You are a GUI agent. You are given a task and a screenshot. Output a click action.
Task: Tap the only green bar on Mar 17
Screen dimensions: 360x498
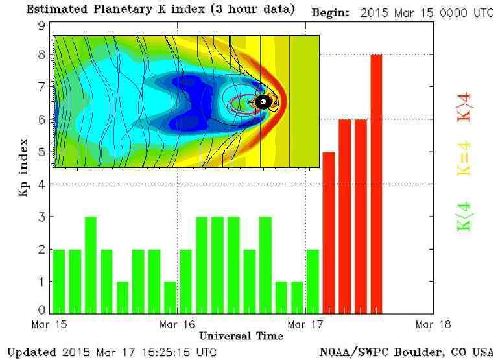(313, 281)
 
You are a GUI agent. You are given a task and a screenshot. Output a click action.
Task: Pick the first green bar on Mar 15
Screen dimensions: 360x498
(59, 281)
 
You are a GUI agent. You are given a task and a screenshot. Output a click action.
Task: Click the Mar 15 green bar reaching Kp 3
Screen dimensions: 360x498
(91, 265)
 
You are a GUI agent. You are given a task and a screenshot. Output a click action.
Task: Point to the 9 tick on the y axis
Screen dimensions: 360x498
(42, 25)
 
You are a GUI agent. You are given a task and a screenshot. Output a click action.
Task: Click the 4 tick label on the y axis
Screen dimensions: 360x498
(42, 184)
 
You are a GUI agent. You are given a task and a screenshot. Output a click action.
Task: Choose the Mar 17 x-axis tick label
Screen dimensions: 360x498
(305, 324)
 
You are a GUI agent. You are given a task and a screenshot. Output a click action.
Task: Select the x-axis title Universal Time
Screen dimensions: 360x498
(241, 336)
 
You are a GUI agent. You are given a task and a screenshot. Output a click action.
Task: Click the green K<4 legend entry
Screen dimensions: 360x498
(465, 218)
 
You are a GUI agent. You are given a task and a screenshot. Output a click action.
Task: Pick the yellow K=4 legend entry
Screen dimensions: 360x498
(465, 160)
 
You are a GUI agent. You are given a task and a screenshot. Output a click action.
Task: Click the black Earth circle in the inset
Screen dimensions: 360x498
(263, 101)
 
